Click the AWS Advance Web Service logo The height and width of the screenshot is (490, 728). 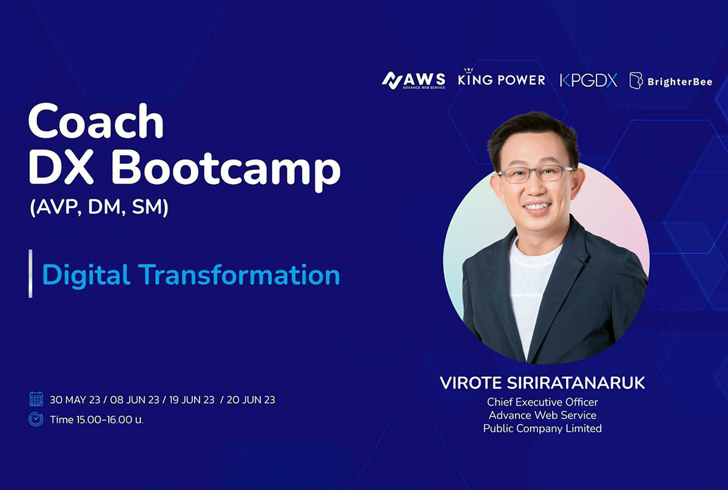pyautogui.click(x=413, y=80)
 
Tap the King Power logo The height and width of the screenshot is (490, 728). pyautogui.click(x=502, y=78)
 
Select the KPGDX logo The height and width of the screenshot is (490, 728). pyautogui.click(x=588, y=80)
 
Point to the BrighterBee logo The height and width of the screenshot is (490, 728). pyautogui.click(x=671, y=81)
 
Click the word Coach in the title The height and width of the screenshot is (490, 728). pyautogui.click(x=96, y=121)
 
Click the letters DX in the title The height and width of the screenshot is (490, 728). pyautogui.click(x=67, y=169)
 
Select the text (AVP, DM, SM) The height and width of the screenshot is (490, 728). pyautogui.click(x=99, y=207)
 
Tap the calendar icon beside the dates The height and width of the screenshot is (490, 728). pyautogui.click(x=36, y=399)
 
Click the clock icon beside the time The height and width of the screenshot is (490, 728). pyautogui.click(x=36, y=419)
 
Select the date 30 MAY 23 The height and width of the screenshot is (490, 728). pyautogui.click(x=75, y=400)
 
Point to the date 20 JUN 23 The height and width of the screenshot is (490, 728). pyautogui.click(x=251, y=400)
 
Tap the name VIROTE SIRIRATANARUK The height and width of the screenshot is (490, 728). pyautogui.click(x=542, y=383)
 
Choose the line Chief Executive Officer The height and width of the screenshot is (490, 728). pyautogui.click(x=542, y=402)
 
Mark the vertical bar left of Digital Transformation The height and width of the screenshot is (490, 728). pyautogui.click(x=30, y=274)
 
